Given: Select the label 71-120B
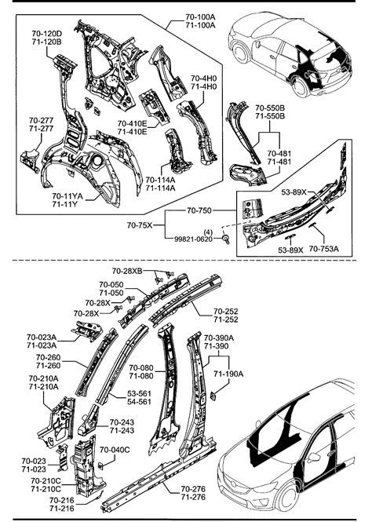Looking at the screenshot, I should pyautogui.click(x=46, y=41).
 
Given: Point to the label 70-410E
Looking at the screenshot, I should pyautogui.click(x=132, y=124).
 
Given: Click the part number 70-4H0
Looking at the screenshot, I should pyautogui.click(x=204, y=79).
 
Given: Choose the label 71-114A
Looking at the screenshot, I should pyautogui.click(x=160, y=188).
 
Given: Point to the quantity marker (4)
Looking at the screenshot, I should pyautogui.click(x=209, y=232).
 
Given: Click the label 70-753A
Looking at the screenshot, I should pyautogui.click(x=323, y=249).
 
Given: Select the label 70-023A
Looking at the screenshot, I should pyautogui.click(x=40, y=335).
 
